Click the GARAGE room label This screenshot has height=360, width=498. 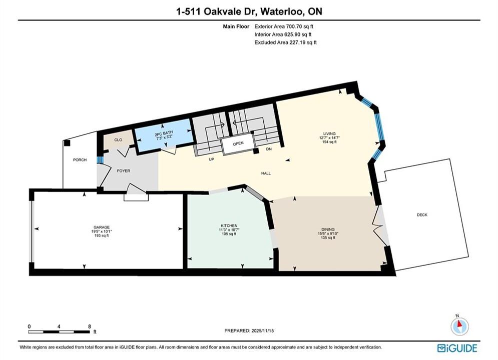pos(102,227)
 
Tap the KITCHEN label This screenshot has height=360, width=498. pos(228,226)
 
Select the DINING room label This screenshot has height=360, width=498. pos(328,229)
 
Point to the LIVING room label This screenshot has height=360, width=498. pos(329,133)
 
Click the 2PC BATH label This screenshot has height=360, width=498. pos(164,132)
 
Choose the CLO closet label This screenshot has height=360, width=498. pos(118,139)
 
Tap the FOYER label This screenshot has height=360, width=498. pos(124,170)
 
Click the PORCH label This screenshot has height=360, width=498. pos(80,160)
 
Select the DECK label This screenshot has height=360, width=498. pos(422,214)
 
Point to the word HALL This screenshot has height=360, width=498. pos(266,173)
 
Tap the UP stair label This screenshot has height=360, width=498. pos(211,159)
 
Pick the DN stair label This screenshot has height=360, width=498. pos(269,149)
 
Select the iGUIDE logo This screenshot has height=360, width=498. pos(457,348)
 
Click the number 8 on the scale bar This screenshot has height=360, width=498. pos(90,326)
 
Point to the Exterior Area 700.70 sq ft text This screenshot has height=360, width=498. pos(284,26)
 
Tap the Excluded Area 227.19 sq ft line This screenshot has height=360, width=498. pos(285,42)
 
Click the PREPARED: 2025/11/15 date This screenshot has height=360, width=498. pos(249,330)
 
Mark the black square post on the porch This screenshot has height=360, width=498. pos(67,142)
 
